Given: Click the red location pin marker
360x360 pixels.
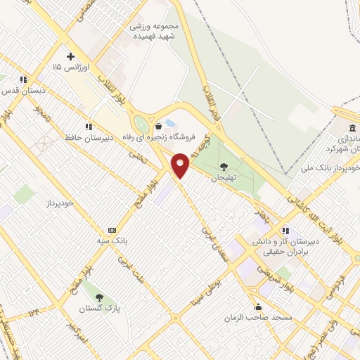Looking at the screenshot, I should [181, 165].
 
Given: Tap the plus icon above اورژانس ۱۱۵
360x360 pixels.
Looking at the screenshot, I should [70, 56].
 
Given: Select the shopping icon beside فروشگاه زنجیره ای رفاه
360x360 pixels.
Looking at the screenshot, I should [159, 126].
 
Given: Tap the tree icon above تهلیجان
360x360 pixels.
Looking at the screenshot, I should [224, 167].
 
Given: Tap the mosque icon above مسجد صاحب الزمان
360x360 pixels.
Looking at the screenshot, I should [259, 307].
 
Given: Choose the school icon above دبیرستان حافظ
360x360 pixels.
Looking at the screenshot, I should [89, 127].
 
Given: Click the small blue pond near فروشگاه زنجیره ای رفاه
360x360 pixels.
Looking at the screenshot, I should [171, 123].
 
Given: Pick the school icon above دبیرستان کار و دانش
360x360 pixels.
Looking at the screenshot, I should [285, 231].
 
